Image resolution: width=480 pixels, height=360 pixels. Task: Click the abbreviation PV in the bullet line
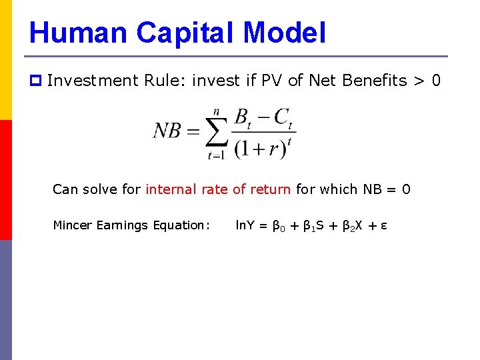[x=274, y=81]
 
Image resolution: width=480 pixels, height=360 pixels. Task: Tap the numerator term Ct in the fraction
[x=283, y=117]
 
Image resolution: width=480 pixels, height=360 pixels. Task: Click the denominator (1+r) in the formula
[x=259, y=147]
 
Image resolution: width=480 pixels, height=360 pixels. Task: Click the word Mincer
[x=73, y=225]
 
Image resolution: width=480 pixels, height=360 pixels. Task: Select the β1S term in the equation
[x=314, y=226]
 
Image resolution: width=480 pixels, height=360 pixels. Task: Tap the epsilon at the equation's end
[x=384, y=226]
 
